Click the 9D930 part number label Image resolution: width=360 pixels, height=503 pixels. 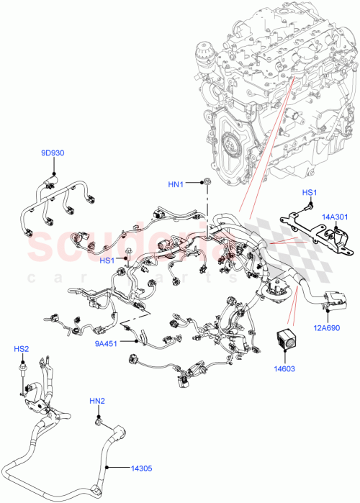tap(53, 153)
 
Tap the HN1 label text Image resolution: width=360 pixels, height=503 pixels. tap(176, 184)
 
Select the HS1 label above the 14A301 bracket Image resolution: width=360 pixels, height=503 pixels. tap(309, 192)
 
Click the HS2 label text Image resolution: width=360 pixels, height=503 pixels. tap(22, 349)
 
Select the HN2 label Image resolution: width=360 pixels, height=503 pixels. tap(97, 400)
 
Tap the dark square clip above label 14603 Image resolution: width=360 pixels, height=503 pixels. tap(287, 342)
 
